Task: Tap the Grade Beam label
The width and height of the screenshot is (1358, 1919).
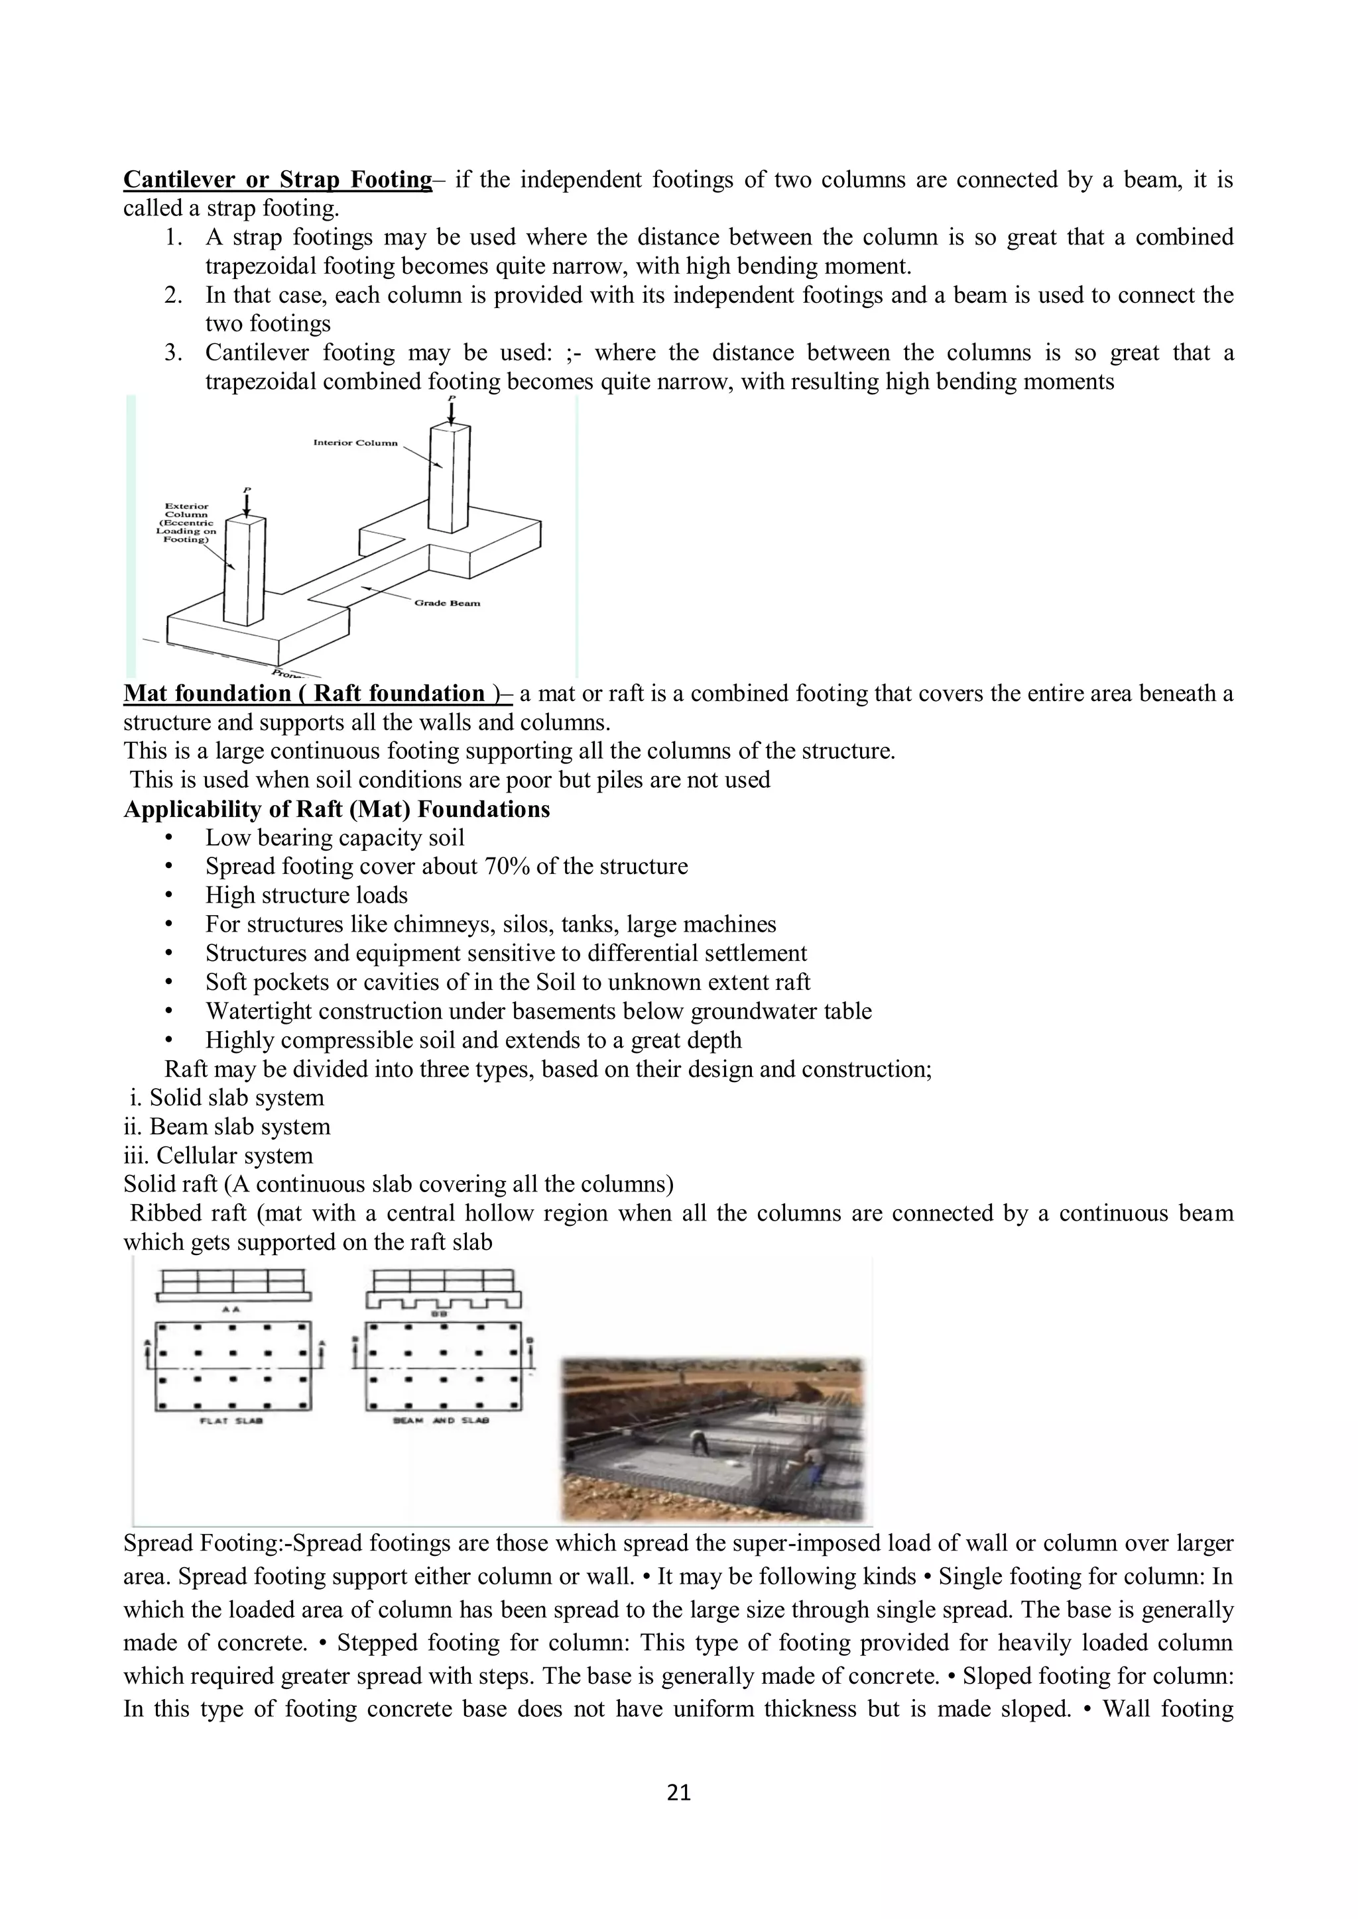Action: tap(448, 602)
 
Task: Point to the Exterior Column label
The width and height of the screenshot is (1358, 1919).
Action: tap(186, 522)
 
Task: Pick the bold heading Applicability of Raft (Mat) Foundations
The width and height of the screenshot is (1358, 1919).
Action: tap(336, 809)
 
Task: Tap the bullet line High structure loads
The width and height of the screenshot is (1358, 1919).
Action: tap(306, 895)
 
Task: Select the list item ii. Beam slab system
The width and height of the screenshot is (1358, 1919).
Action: tap(227, 1126)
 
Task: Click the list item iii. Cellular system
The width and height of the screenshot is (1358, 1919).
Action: tap(218, 1156)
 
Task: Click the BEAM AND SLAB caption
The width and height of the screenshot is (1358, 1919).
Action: tap(441, 1421)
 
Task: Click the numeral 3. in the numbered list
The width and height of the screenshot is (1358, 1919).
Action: tap(174, 353)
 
